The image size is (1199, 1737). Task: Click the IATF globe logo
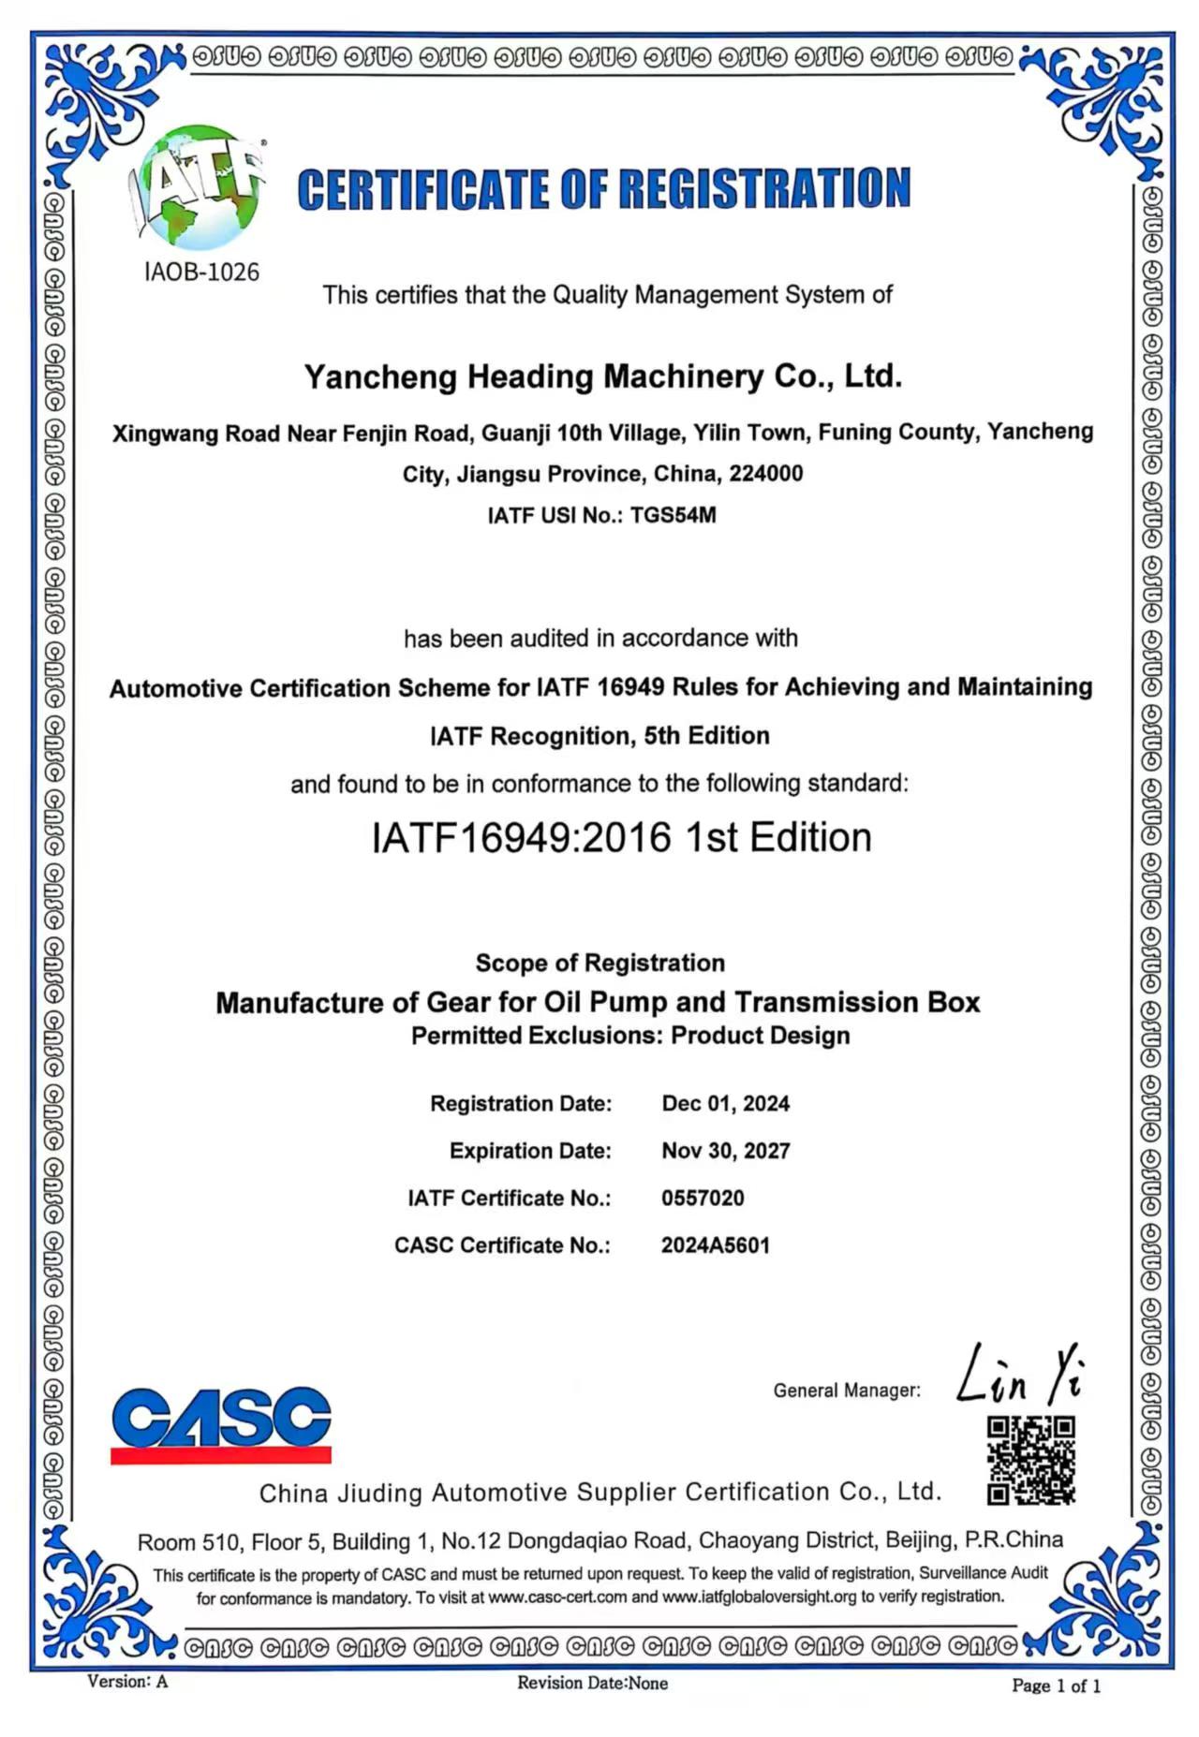[x=200, y=188]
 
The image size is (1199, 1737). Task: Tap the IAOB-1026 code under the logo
[x=201, y=272]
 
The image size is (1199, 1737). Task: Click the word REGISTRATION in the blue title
[x=763, y=188]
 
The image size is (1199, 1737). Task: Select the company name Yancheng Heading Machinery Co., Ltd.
[x=603, y=376]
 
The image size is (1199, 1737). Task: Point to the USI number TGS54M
[x=674, y=515]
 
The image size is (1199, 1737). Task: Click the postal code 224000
[x=765, y=474]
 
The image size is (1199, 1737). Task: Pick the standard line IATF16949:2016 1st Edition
[x=621, y=837]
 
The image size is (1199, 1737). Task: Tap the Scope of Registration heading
[x=599, y=963]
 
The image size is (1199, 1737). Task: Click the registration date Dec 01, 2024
[x=725, y=1103]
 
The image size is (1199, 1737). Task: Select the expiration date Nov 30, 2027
[x=725, y=1150]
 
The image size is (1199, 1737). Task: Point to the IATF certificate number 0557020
[x=703, y=1198]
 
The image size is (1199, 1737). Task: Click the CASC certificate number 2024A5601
[x=715, y=1245]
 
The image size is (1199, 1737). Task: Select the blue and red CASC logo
[x=221, y=1423]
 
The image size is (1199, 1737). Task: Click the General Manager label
[x=847, y=1391]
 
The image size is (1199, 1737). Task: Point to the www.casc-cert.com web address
[x=557, y=1597]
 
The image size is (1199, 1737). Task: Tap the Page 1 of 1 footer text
[x=1056, y=1686]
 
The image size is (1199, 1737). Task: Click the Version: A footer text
[x=127, y=1682]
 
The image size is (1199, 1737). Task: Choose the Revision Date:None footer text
[x=592, y=1683]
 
